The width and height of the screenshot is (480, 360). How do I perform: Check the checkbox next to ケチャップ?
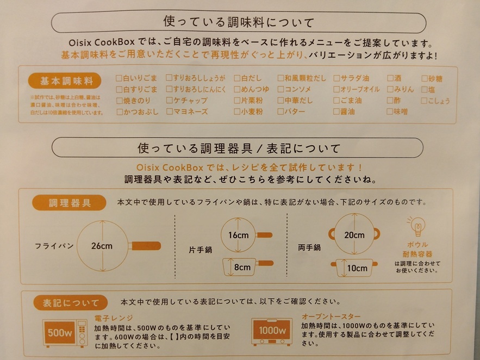point(170,101)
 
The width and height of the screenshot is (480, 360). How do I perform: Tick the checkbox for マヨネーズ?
point(170,112)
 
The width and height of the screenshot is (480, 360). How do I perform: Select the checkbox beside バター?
point(281,112)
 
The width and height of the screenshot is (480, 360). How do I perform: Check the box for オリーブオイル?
point(336,89)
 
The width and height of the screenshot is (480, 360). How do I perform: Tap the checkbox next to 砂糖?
point(425,78)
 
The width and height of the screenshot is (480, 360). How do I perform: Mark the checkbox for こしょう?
point(425,101)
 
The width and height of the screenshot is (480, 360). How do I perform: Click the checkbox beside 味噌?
point(390,112)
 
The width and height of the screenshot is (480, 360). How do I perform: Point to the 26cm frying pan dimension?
point(102,246)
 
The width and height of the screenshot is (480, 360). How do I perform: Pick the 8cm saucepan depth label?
point(242,267)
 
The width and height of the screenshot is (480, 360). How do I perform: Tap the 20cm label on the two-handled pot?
point(354,235)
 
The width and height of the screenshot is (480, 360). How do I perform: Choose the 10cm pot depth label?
point(357,268)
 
